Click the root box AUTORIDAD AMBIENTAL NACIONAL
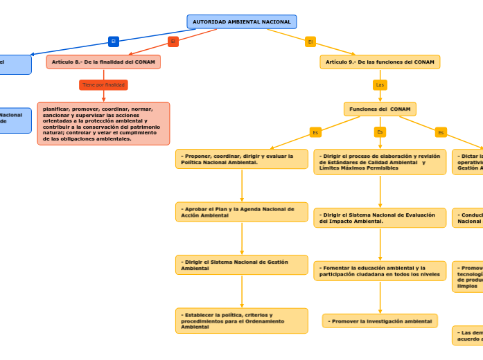(x=241, y=22)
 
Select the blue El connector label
(x=114, y=42)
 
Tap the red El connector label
(x=173, y=42)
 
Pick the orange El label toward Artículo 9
(x=310, y=42)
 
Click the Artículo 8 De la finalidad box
(x=103, y=62)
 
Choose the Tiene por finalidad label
(x=103, y=85)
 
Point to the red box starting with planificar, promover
(x=103, y=123)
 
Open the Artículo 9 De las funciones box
(x=380, y=62)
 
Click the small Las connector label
(x=380, y=85)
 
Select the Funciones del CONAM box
(x=380, y=109)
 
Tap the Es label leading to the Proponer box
(x=315, y=132)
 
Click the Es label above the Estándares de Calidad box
(x=380, y=132)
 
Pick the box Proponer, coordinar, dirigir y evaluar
(x=241, y=159)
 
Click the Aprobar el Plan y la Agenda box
(x=241, y=212)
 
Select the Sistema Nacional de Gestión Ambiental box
(x=241, y=264)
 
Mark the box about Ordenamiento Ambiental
(x=241, y=321)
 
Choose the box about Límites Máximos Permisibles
(x=380, y=162)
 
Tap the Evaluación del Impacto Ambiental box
(x=380, y=218)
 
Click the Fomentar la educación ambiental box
(x=380, y=271)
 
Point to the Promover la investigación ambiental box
(x=380, y=321)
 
